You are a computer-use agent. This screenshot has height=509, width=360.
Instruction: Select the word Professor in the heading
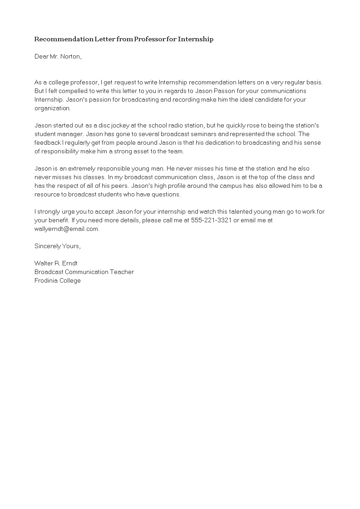point(152,39)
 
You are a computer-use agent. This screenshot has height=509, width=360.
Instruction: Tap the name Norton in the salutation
point(71,57)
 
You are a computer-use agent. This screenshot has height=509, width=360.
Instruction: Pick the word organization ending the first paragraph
point(52,108)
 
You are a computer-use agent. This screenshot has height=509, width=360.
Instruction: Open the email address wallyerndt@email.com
point(66,229)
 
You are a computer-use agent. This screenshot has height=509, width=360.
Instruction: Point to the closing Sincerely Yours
point(57,246)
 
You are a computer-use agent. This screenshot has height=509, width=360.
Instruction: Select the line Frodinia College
point(57,280)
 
